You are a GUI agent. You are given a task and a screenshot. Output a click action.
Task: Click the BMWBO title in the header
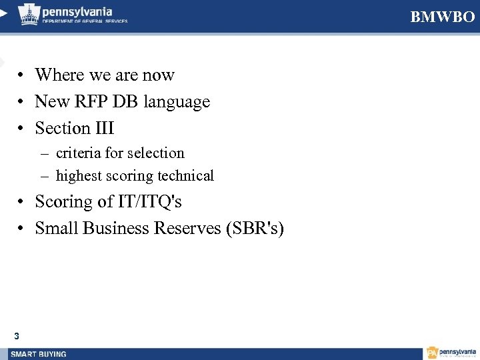pos(443,17)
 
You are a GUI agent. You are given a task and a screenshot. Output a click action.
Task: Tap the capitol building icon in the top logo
pos(29,14)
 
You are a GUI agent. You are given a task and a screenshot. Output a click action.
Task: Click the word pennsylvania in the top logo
pos(77,11)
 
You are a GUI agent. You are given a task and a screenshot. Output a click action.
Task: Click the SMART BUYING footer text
pos(39,354)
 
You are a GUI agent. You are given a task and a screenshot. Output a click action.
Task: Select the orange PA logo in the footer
pos(433,353)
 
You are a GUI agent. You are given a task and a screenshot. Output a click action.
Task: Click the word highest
pos(79,176)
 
